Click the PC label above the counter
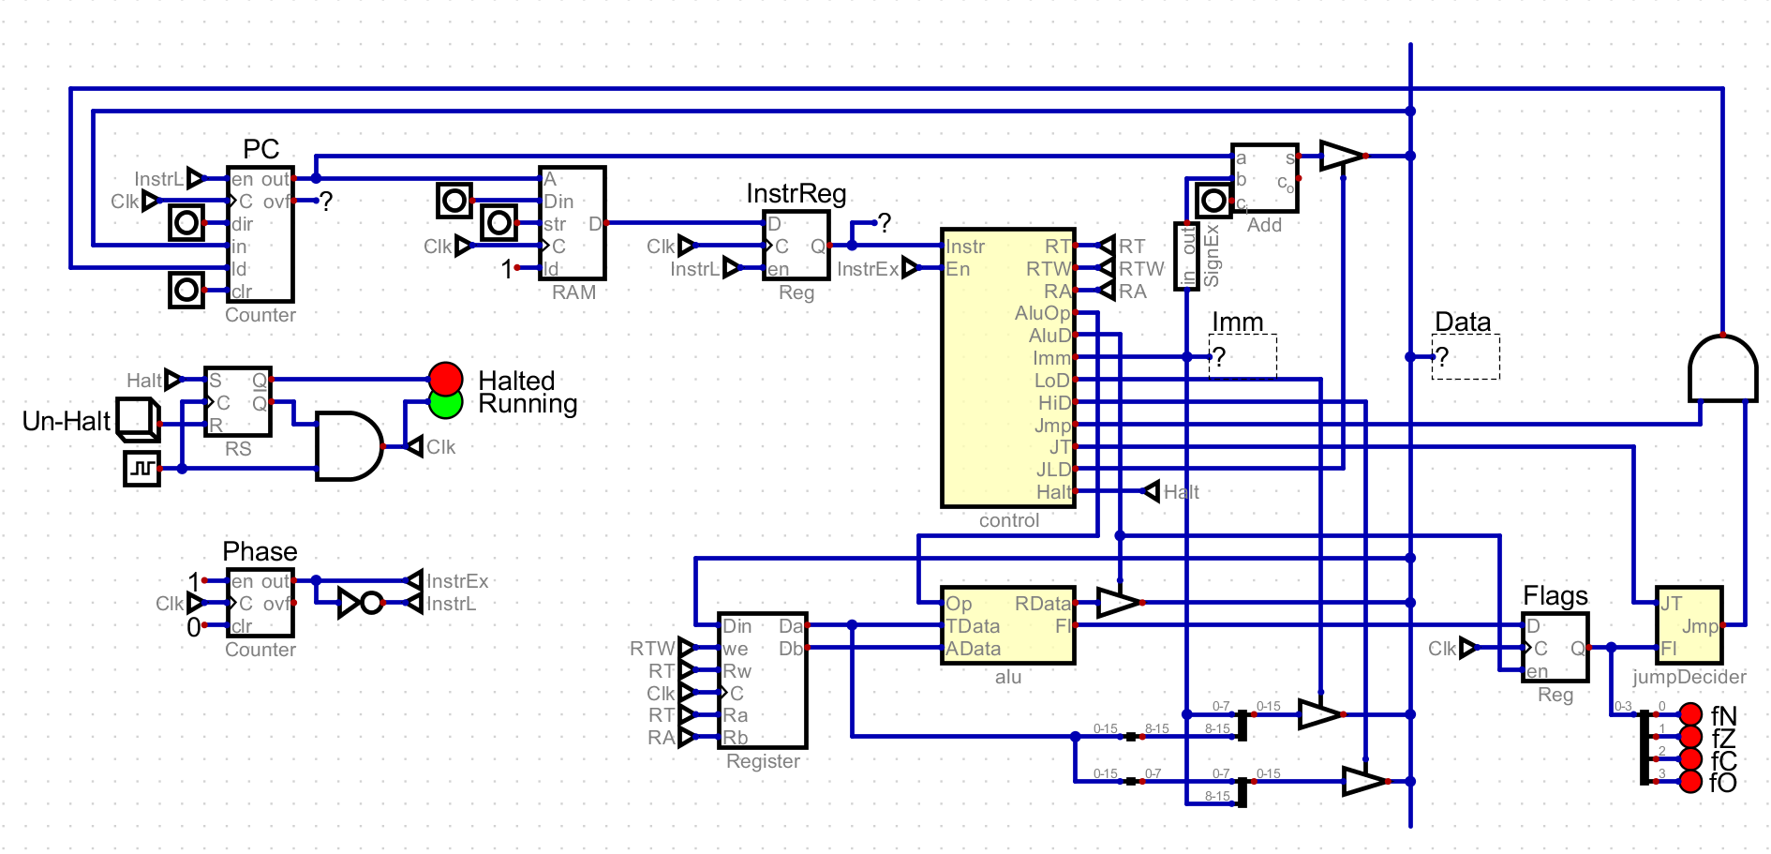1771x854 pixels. point(260,149)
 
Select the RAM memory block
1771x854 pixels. point(573,223)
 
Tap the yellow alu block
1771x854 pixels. point(1007,625)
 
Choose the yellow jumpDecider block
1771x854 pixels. point(1689,625)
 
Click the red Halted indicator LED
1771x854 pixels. point(446,379)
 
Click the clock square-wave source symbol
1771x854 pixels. point(142,468)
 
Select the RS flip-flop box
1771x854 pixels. point(238,401)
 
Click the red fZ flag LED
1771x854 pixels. point(1690,737)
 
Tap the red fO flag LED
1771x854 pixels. point(1690,782)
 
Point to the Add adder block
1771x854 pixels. point(1264,177)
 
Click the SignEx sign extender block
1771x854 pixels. point(1187,256)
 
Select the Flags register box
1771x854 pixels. point(1555,647)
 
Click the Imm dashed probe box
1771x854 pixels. point(1243,357)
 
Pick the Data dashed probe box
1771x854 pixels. point(1466,357)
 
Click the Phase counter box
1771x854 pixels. point(260,603)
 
